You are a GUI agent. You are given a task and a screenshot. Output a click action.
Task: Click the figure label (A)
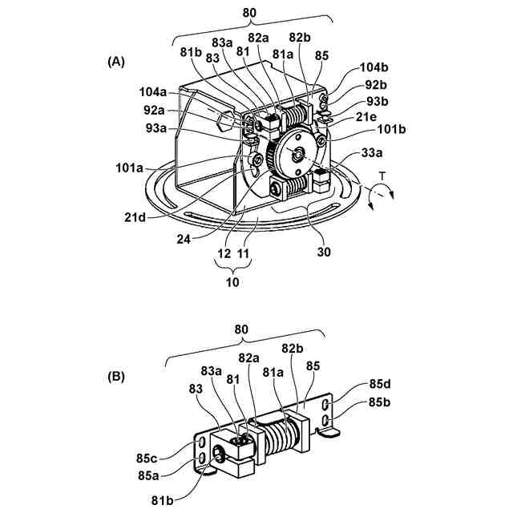[115, 62]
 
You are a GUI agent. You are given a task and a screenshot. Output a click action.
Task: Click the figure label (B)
[115, 374]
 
